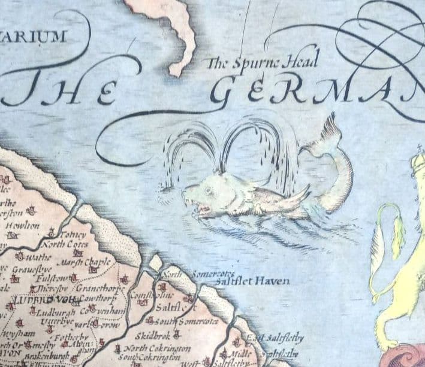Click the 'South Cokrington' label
pos(152,358)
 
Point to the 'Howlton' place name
pos(22,226)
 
